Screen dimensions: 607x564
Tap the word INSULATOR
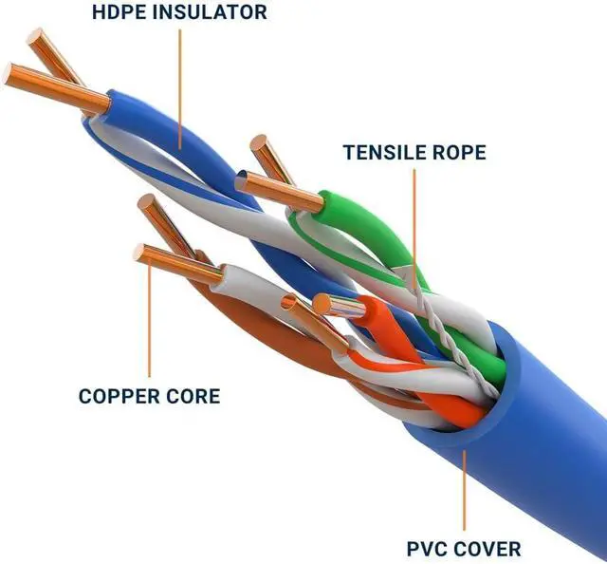click(210, 11)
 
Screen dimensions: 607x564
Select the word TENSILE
click(384, 152)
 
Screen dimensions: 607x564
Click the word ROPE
click(459, 152)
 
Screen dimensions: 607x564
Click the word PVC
click(427, 549)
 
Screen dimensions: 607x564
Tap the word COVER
click(487, 549)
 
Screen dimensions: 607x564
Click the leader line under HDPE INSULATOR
click(180, 89)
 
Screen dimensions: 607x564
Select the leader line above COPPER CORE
click(150, 317)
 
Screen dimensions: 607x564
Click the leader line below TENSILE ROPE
click(414, 229)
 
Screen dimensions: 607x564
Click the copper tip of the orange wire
click(339, 305)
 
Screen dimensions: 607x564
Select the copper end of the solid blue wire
click(56, 88)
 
